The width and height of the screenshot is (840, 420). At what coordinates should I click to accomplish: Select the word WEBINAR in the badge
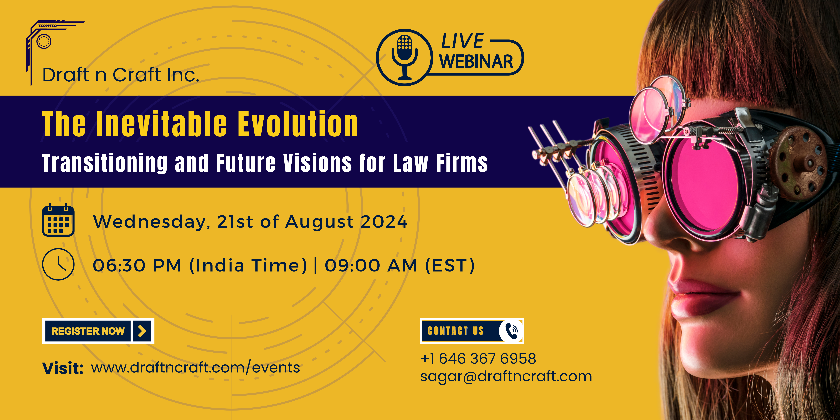tap(476, 62)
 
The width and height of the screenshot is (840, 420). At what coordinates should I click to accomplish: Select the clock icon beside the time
tap(58, 264)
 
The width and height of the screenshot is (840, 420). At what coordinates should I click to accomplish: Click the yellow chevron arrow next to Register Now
tap(142, 331)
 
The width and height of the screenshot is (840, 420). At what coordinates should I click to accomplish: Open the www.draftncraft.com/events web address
tap(195, 367)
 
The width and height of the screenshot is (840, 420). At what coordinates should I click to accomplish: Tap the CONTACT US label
tap(455, 331)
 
